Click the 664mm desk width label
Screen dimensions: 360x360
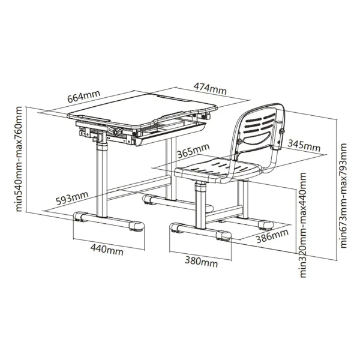pos(84,96)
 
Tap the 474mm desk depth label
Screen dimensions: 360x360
pos(210,88)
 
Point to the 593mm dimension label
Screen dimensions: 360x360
pos(72,197)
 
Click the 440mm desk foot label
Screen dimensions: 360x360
pos(107,250)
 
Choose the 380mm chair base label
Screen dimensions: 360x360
pos(202,262)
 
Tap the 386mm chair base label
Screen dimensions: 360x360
pos(272,236)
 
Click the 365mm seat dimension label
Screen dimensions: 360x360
pos(193,151)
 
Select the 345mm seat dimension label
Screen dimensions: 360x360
pos(304,146)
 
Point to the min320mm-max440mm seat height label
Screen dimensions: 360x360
pos(303,225)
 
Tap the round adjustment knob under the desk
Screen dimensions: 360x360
pos(118,131)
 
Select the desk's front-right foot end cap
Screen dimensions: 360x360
pos(137,226)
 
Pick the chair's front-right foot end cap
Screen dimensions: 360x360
pos(224,236)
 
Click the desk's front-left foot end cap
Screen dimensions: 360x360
pos(80,217)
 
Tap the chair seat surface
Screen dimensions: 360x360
pos(218,169)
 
